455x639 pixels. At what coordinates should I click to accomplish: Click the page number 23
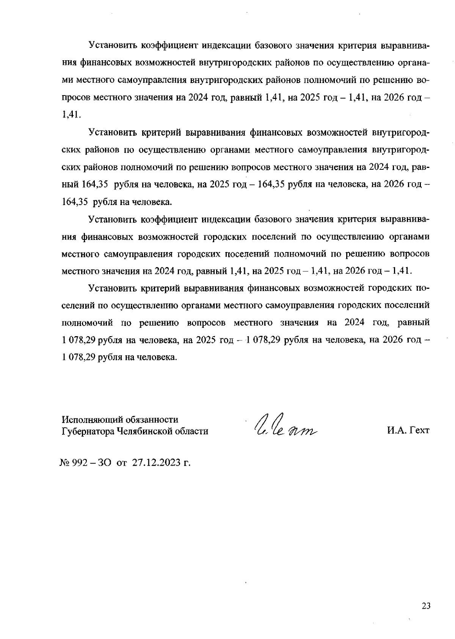coord(426,606)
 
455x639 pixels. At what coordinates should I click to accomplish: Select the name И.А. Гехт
coord(408,431)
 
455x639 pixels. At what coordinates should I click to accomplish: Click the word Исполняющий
coord(89,420)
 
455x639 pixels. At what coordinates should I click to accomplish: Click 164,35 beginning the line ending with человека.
coord(75,202)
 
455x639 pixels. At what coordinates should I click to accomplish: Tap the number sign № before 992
coord(65,462)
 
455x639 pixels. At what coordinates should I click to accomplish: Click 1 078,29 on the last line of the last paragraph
coord(78,357)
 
